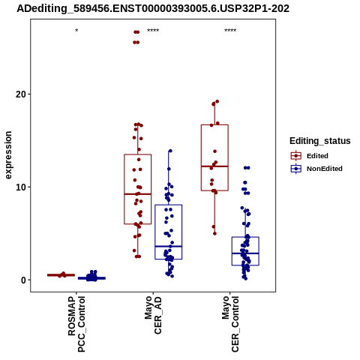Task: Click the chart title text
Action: pos(153,8)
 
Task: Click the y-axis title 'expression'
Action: pos(8,155)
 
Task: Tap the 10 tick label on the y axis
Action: pos(21,187)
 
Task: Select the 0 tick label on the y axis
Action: pos(24,280)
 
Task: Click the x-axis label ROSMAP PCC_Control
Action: pos(76,324)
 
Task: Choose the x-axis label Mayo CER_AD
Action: pos(153,315)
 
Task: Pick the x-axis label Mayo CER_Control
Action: pos(230,324)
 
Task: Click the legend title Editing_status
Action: pos(320,141)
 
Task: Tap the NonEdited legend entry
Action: pos(316,169)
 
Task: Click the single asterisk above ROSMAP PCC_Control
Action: pos(76,31)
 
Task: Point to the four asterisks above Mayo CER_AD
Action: pos(153,31)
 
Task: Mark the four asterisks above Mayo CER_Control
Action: pos(230,31)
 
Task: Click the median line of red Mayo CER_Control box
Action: pos(214,166)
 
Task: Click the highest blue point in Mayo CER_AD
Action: pos(170,151)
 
